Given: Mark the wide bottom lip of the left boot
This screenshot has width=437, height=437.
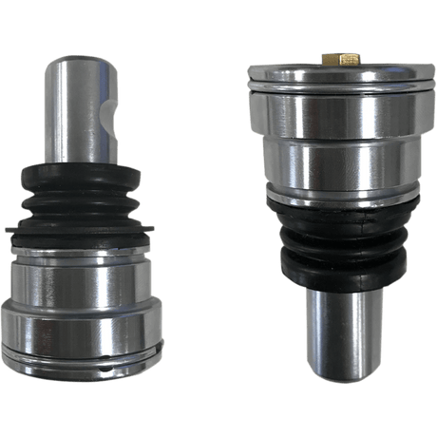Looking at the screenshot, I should tap(78, 230).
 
